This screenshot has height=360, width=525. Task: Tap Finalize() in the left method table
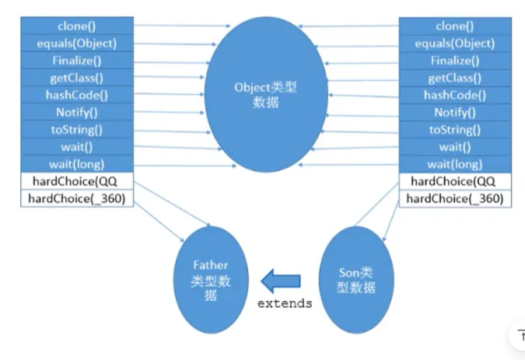[x=76, y=61]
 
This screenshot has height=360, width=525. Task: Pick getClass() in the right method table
[x=455, y=78]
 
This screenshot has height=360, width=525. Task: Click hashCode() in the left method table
[x=76, y=95]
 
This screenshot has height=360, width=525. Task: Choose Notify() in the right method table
[x=455, y=112]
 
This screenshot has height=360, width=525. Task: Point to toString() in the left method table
[x=76, y=129]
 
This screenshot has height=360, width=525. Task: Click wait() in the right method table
[x=455, y=146]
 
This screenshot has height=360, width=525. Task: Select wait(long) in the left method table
[x=76, y=163]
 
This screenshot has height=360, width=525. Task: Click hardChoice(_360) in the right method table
[x=455, y=198]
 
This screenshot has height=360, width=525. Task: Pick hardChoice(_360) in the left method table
[x=76, y=198]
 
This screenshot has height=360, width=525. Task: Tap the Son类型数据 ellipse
[x=358, y=280]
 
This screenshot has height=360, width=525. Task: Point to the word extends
[x=285, y=303]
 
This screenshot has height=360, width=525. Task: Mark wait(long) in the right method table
[x=455, y=163]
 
